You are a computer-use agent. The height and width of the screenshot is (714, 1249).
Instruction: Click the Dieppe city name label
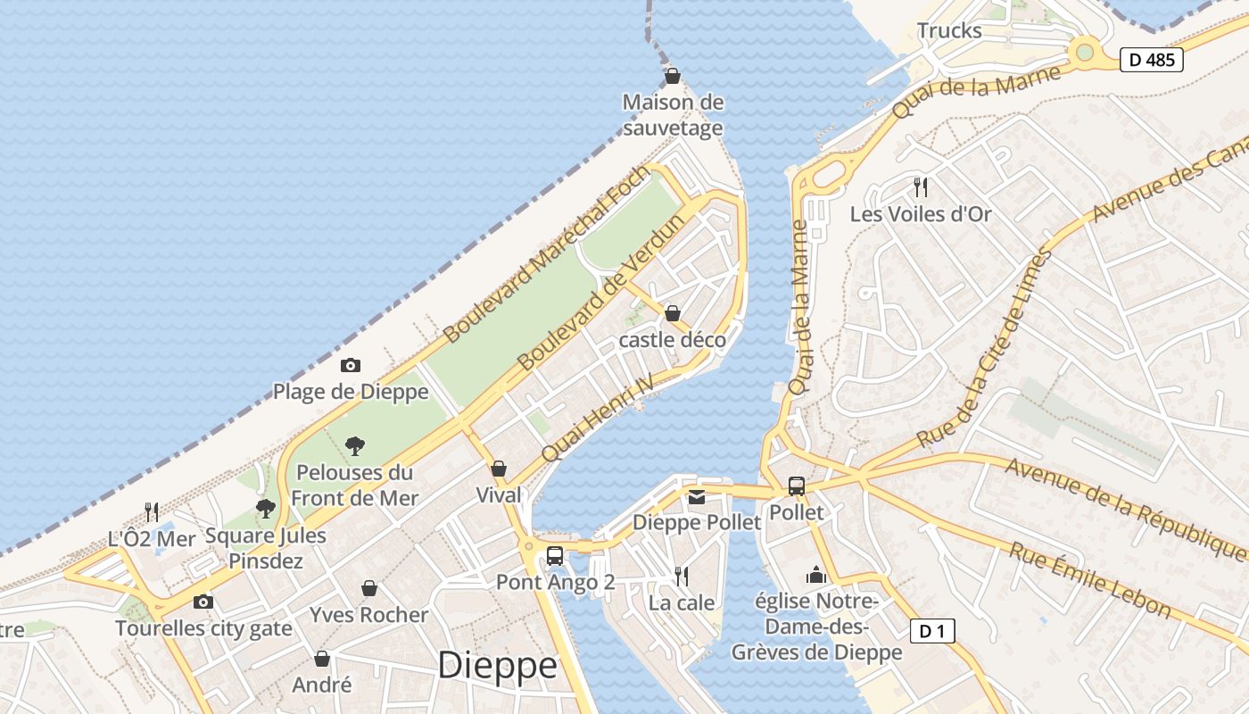[x=497, y=666]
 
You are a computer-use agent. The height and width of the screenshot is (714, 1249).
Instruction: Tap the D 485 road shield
[x=1152, y=60]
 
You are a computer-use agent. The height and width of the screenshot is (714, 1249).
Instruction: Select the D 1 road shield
[x=932, y=632]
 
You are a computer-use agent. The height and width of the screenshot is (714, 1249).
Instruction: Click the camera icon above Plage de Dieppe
[x=351, y=365]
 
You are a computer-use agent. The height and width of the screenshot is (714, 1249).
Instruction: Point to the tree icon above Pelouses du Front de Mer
[x=355, y=444]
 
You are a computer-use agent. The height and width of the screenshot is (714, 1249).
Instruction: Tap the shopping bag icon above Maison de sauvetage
[x=673, y=76]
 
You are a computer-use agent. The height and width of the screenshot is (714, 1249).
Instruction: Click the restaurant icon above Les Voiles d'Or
[x=921, y=187]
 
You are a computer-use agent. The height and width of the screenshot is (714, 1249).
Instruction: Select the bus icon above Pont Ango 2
[x=554, y=555]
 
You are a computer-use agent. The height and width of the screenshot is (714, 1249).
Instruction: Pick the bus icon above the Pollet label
[x=796, y=486]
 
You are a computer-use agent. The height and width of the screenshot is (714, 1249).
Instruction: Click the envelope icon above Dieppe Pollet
[x=696, y=496]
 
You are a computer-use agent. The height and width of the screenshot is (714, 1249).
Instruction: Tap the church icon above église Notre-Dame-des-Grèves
[x=816, y=576]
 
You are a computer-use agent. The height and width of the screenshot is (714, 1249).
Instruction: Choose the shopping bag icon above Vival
[x=499, y=469]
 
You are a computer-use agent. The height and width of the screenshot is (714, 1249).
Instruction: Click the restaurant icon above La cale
[x=682, y=577]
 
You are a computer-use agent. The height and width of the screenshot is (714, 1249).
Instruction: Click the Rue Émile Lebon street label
[x=1089, y=580]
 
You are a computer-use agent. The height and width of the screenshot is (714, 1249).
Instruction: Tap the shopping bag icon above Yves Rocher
[x=368, y=588]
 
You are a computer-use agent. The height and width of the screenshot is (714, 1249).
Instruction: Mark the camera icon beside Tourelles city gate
[x=203, y=602]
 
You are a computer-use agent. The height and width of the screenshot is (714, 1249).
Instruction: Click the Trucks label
[x=949, y=30]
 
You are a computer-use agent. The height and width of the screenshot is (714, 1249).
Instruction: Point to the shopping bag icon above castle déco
[x=673, y=313]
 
